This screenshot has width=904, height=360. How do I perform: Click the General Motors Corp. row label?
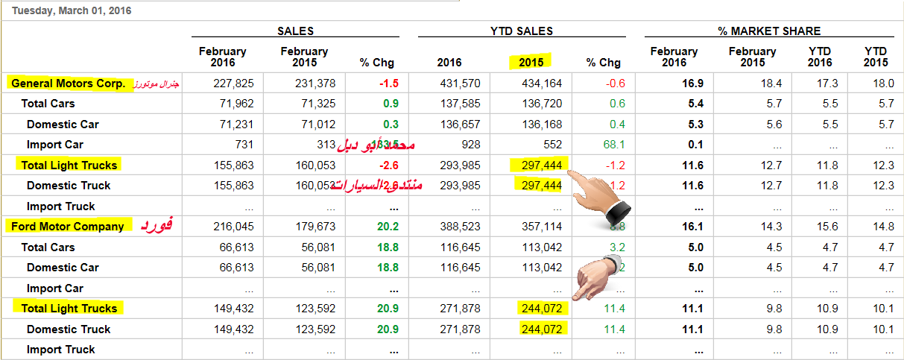coord(69,83)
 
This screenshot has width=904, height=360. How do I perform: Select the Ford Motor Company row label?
coord(68,227)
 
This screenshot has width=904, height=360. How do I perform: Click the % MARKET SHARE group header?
coord(769,31)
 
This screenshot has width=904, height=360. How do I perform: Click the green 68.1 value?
coord(614,145)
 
